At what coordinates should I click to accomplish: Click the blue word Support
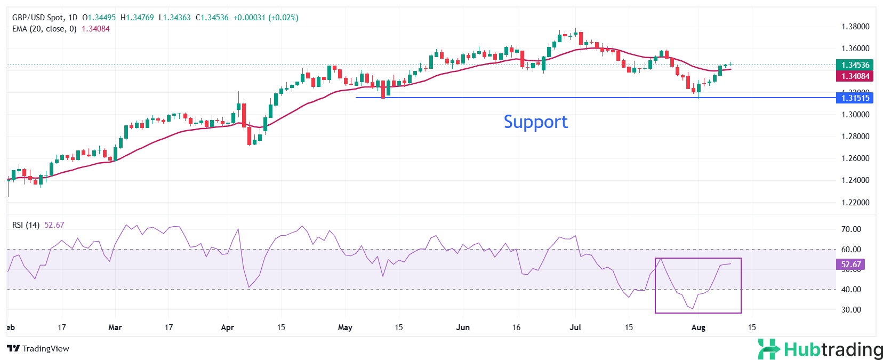[535, 122]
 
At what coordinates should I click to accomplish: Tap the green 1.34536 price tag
[855, 65]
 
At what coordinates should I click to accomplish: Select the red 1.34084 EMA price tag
[855, 76]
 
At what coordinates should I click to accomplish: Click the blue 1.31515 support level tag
[855, 98]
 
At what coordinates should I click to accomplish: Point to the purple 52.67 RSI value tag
[850, 265]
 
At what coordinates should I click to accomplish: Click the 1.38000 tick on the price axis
[855, 27]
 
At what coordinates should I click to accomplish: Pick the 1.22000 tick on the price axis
[855, 203]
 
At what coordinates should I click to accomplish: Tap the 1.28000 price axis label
[855, 137]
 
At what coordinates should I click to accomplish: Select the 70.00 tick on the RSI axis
[851, 229]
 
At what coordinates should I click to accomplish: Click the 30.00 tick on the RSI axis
[851, 310]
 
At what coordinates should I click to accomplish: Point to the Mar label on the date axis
[115, 327]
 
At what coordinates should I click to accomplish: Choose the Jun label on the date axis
[463, 327]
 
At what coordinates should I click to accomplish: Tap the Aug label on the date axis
[698, 327]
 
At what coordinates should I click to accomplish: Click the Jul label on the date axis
[575, 327]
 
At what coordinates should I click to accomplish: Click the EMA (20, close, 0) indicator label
[44, 29]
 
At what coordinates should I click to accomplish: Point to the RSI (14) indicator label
[26, 225]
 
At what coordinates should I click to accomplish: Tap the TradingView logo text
[39, 349]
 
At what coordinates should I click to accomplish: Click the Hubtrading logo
[820, 349]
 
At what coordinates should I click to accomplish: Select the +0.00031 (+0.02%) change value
[266, 18]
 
